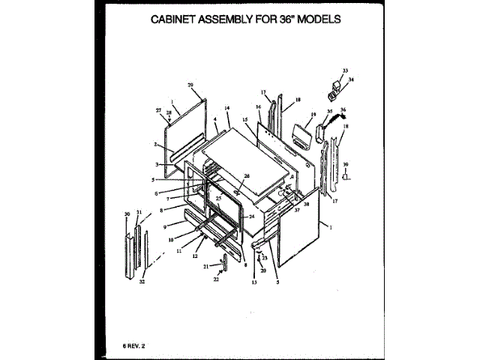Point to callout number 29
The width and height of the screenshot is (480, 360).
click(x=190, y=86)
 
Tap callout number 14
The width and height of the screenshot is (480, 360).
click(x=226, y=109)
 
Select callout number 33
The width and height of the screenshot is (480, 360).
click(x=346, y=70)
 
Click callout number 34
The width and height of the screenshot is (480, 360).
click(x=351, y=79)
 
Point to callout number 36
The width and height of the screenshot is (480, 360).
click(x=343, y=110)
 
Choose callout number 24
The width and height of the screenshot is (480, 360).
click(x=252, y=216)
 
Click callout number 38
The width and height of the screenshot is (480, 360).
click(x=306, y=204)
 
